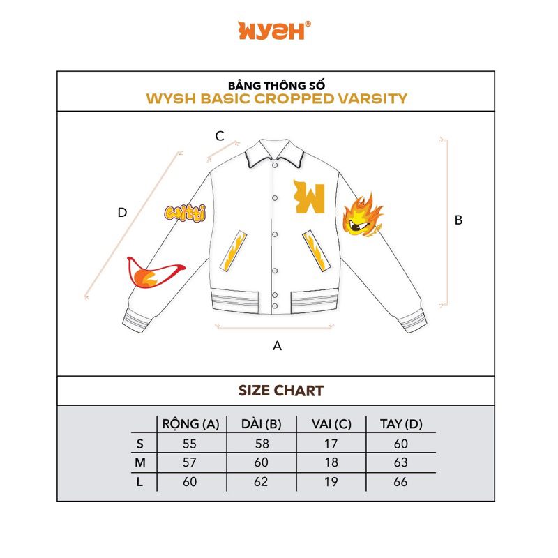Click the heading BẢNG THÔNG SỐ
point(277,84)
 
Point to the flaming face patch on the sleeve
point(363,216)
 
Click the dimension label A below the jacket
point(277,345)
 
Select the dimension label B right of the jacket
point(458,220)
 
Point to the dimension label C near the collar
point(219,136)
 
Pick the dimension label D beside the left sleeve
point(122,213)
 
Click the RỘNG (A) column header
point(190,424)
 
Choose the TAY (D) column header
point(401,424)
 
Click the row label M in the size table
point(140,462)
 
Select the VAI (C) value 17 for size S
point(331,444)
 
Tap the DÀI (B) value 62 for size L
point(261,482)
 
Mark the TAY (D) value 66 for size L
point(400,482)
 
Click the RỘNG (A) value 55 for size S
point(190,444)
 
